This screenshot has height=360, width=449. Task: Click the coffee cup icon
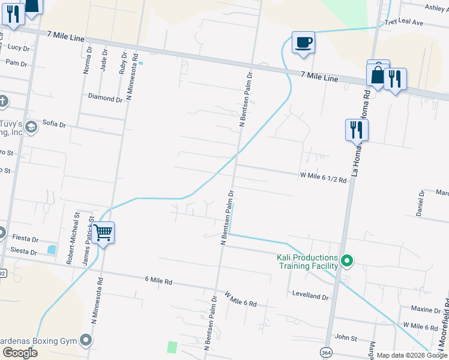pos(303,43)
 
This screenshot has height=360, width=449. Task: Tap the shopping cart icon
pos(103,232)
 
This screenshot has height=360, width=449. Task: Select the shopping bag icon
pos(378,75)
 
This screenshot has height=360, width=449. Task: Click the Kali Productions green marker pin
pos(346,261)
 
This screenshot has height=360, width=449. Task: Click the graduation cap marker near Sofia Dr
pos(31,125)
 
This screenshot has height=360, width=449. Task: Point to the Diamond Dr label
pos(105,97)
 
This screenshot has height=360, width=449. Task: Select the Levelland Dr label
pos(310,297)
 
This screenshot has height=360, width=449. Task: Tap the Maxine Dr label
pos(426,309)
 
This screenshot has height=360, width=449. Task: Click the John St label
pos(346,338)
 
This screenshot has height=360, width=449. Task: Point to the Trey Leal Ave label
pos(405,22)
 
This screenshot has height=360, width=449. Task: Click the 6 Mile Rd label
pos(158,280)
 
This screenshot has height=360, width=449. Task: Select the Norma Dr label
pos(88,61)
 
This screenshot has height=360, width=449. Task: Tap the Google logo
pos(19,353)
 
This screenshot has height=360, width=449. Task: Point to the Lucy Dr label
pos(19,47)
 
